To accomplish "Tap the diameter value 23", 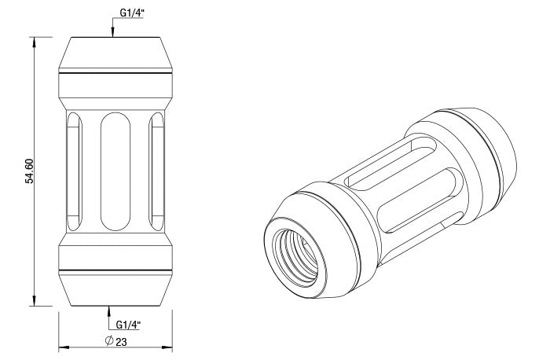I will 121,342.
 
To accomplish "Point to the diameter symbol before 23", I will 109,342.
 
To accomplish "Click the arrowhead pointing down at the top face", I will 114,32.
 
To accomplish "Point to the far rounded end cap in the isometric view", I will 487,145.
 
